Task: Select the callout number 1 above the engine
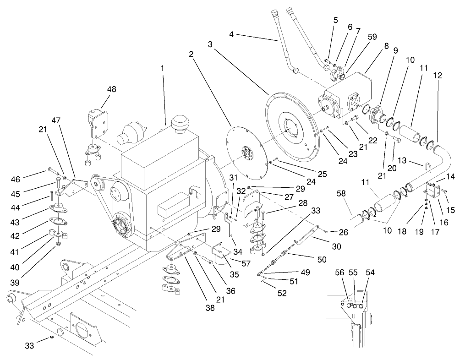pyautogui.click(x=162, y=68)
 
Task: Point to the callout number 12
pyautogui.click(x=438, y=76)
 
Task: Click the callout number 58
pyautogui.click(x=341, y=195)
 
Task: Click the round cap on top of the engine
pyautogui.click(x=178, y=123)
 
